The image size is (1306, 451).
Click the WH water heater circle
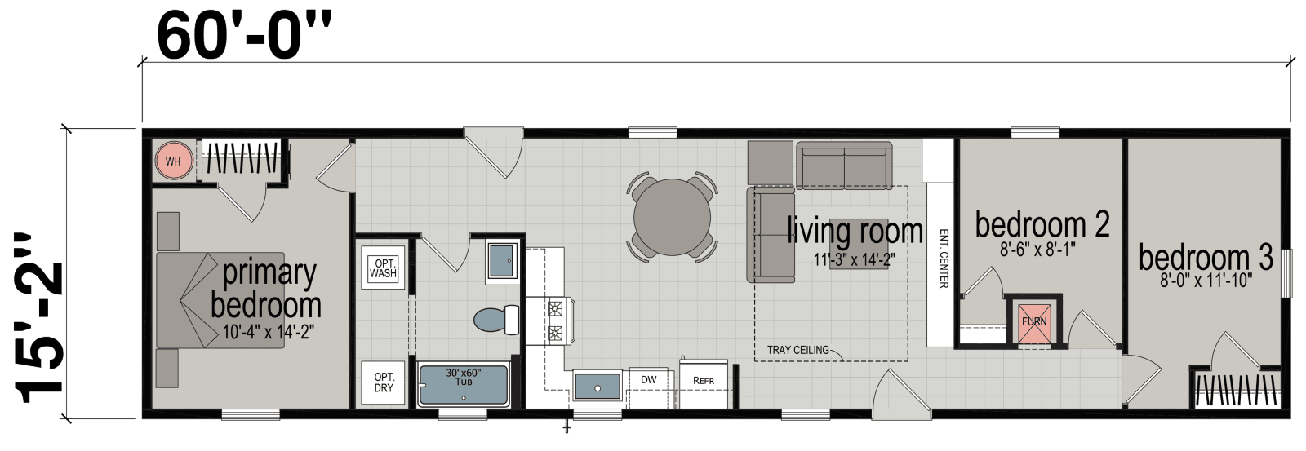pos(173,161)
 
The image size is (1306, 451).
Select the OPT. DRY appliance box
pos(383,382)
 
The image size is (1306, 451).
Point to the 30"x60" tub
pos(464,386)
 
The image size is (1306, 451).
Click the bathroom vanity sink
pos(500,261)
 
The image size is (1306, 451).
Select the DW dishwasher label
pos(648,379)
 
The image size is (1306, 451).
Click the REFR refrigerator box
pos(703,380)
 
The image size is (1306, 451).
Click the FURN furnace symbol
pos(1034,321)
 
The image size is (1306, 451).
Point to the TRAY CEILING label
pos(797,350)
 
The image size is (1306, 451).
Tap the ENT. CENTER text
pos(944,257)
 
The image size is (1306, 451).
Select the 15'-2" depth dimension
pos(39,318)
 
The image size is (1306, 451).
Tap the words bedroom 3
pos(1205,258)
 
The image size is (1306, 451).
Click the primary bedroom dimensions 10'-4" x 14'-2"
pos(268,332)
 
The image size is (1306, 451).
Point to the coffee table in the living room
pos(859,245)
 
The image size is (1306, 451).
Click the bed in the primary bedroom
pos(220,299)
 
